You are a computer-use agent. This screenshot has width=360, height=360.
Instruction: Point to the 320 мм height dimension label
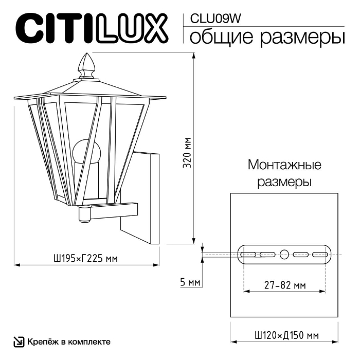click(188, 153)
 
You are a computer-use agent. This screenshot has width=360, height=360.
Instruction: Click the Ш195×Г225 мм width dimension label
click(86, 258)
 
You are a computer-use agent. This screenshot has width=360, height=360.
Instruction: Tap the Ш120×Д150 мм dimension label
click(284, 335)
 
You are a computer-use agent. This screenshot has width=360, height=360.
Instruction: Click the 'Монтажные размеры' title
click(284, 173)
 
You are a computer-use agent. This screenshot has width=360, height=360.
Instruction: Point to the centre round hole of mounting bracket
click(284, 254)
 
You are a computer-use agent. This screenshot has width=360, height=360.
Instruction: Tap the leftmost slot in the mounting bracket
click(249, 254)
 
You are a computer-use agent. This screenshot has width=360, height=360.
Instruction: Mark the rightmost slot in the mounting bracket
click(320, 254)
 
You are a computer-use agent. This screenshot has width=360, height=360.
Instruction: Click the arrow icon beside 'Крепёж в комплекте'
click(19, 341)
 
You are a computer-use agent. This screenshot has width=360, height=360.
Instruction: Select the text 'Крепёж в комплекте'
click(68, 341)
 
